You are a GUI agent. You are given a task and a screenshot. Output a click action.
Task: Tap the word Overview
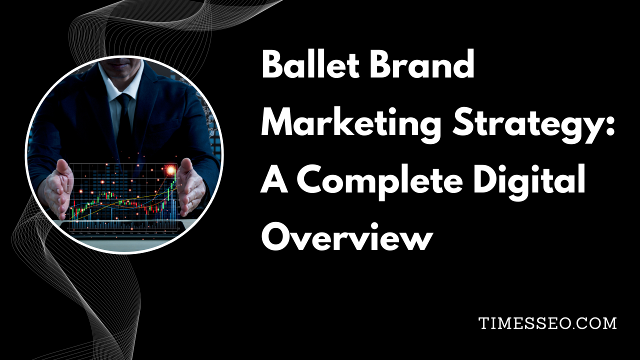tap(347, 236)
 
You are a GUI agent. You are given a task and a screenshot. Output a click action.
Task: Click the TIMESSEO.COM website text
tap(547, 323)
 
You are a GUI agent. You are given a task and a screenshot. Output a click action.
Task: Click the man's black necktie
tap(125, 120)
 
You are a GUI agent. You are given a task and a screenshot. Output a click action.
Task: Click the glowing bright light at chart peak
tap(171, 170)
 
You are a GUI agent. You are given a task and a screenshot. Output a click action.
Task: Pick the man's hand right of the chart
tap(191, 187)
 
